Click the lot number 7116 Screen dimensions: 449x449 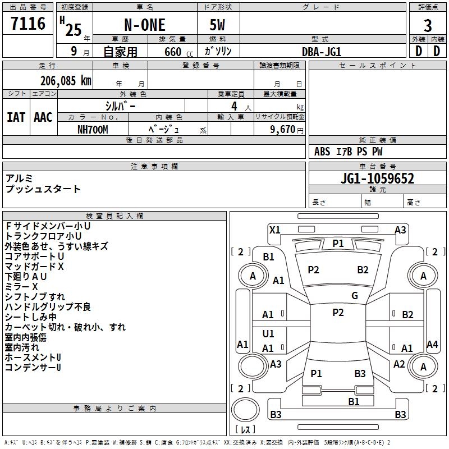click(x=28, y=24)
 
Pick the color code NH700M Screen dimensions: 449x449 click(x=93, y=129)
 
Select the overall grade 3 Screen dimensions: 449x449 click(x=428, y=25)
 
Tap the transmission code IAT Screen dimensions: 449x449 click(x=16, y=117)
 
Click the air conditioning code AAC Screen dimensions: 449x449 click(x=43, y=117)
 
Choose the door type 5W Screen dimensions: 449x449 click(x=218, y=25)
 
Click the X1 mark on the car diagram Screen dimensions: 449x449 click(x=274, y=230)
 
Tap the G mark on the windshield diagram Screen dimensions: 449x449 click(x=355, y=295)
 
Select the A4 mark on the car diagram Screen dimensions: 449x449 click(x=432, y=345)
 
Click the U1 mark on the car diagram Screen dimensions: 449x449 click(x=268, y=334)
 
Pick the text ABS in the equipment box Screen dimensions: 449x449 click(x=322, y=152)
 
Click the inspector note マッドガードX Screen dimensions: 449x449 click(x=34, y=267)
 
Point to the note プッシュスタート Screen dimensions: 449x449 click(x=43, y=189)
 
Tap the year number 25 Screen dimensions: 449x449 click(x=74, y=30)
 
